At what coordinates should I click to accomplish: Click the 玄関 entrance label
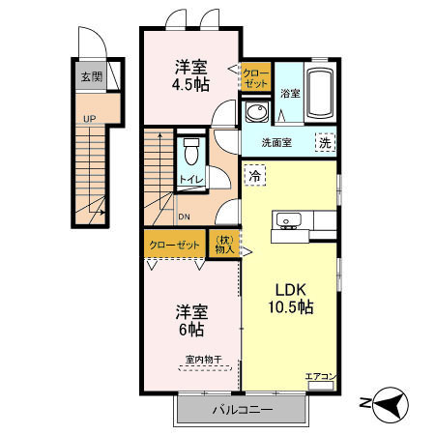92,76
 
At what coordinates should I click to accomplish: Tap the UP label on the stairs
89,119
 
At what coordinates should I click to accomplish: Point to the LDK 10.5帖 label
289,298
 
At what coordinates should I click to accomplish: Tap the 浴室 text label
289,94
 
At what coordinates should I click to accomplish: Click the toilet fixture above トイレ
190,152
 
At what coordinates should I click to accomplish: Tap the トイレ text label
189,180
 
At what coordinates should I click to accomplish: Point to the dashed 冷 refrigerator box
254,176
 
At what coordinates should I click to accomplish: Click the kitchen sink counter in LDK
290,223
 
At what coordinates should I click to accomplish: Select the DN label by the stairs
183,217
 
